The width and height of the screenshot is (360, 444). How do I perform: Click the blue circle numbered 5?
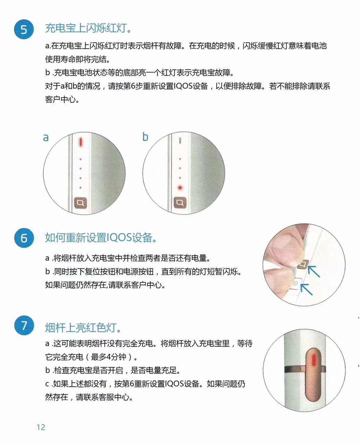(x=24, y=29)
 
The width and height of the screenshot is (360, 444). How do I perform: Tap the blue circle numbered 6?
(x=24, y=238)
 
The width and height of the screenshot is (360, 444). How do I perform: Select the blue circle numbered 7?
(x=24, y=326)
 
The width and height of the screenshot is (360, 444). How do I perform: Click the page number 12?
(x=41, y=427)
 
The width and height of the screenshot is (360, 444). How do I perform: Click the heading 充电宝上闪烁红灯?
(x=88, y=28)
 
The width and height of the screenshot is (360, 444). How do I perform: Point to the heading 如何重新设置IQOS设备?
(x=101, y=238)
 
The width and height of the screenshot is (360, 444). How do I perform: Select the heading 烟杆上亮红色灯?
(x=83, y=327)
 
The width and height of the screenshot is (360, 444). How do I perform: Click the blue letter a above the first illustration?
(x=46, y=138)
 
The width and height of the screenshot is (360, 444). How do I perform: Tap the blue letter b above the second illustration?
(x=145, y=137)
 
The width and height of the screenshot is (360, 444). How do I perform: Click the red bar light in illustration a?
(x=80, y=142)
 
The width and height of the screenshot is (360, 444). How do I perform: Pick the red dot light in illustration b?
(x=180, y=188)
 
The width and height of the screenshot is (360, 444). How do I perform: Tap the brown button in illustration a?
(x=80, y=203)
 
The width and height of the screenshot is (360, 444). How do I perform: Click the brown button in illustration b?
(x=180, y=203)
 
